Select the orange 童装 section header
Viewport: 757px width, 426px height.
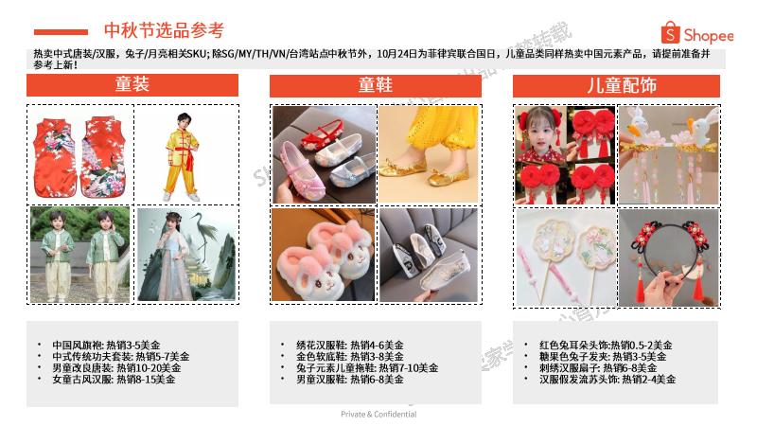point(132,85)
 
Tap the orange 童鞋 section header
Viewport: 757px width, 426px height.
point(376,85)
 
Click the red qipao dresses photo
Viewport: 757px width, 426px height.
point(79,154)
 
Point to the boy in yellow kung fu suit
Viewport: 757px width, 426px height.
point(183,154)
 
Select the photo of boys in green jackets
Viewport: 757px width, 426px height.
point(79,255)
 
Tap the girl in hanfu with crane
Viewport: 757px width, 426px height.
point(183,255)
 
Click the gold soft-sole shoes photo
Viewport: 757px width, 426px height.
point(429,154)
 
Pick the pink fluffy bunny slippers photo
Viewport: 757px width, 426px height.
point(325,255)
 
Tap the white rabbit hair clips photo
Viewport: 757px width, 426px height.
point(668,154)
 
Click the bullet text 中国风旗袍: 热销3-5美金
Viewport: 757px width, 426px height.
point(106,346)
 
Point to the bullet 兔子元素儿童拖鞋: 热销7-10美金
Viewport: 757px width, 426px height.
point(350,368)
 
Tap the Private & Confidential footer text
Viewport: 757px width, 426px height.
point(378,414)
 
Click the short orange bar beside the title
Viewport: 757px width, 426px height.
point(67,31)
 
